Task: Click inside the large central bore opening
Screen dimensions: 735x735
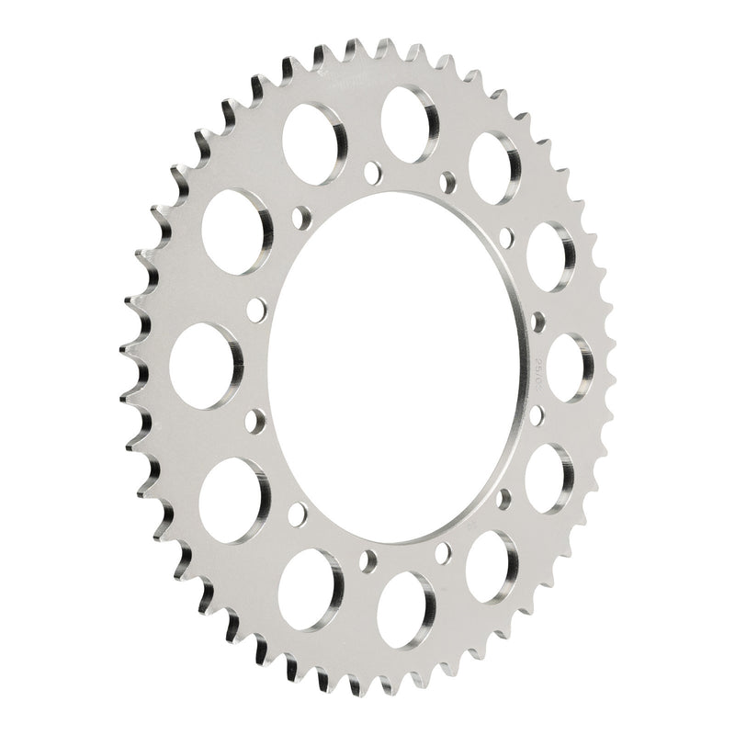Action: click(395, 367)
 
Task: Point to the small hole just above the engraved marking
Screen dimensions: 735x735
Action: click(537, 322)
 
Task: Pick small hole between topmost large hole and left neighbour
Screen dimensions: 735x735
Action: click(372, 169)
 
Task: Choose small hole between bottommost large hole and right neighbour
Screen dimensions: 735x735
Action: click(444, 550)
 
